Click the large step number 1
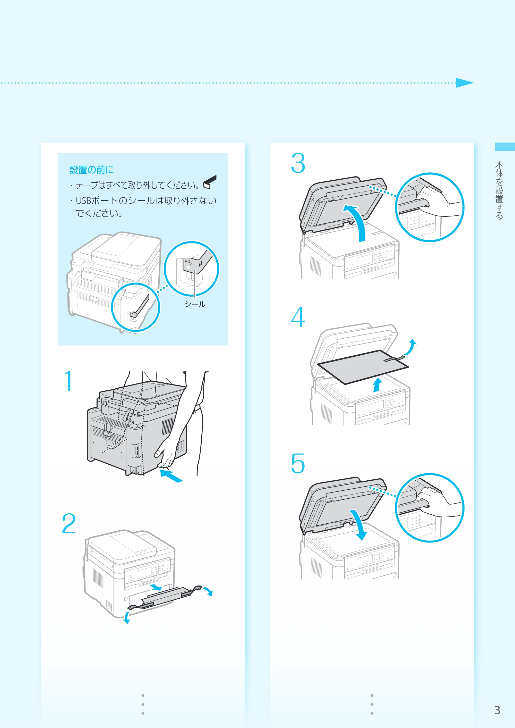click(x=68, y=381)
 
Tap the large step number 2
click(x=69, y=523)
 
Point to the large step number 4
click(x=298, y=317)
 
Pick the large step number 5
click(x=298, y=463)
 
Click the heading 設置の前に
click(x=92, y=170)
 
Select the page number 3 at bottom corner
click(x=497, y=710)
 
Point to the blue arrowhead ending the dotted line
click(x=465, y=83)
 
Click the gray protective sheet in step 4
click(x=363, y=367)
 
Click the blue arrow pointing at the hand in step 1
click(x=171, y=476)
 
